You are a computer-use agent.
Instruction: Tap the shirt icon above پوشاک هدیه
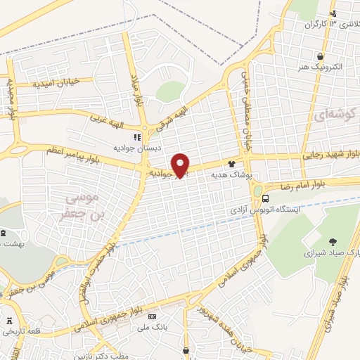coord(242,163)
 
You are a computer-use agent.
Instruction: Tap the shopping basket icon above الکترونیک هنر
coord(320,56)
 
